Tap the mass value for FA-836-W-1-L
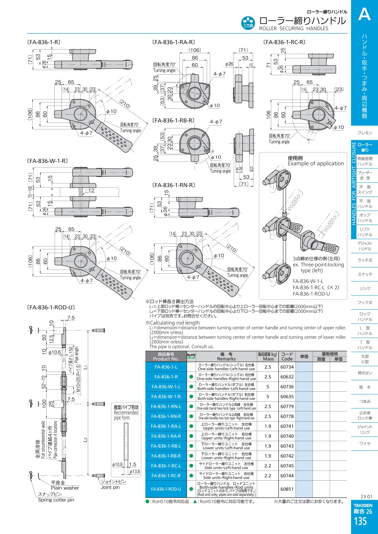[x=268, y=387]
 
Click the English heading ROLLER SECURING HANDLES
[x=294, y=29]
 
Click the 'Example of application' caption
[x=316, y=164]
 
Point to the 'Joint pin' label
[x=110, y=487]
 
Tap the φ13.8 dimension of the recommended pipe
[x=134, y=472]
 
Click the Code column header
[x=287, y=356]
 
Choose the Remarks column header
[x=226, y=356]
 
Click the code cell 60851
[x=287, y=489]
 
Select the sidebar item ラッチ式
[x=365, y=260]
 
